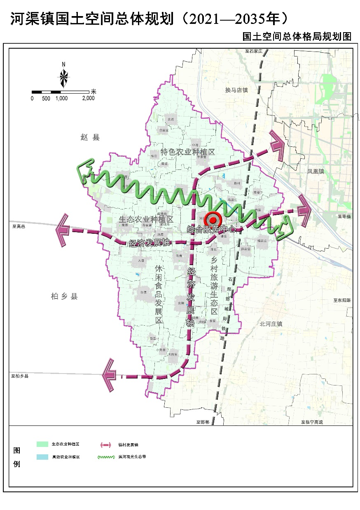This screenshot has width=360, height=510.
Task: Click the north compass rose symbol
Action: pos(64,77)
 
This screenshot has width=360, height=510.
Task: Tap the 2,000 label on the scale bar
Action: pos(88,99)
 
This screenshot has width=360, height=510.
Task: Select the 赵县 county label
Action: pos(90,137)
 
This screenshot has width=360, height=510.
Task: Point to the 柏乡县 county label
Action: pos(64,296)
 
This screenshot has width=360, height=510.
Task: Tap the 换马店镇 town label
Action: pos(236,90)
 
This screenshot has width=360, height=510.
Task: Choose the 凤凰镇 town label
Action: pos(316,171)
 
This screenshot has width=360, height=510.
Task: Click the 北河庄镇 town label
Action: pos(271,324)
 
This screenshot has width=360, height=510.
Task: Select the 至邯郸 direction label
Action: pos(203,422)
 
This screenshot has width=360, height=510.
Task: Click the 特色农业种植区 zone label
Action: pos(188,152)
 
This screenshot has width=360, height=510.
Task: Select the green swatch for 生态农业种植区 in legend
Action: pos(42,444)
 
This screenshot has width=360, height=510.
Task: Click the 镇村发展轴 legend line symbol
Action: pos(106,445)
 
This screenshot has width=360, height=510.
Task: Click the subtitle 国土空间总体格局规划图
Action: pos(297,37)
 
